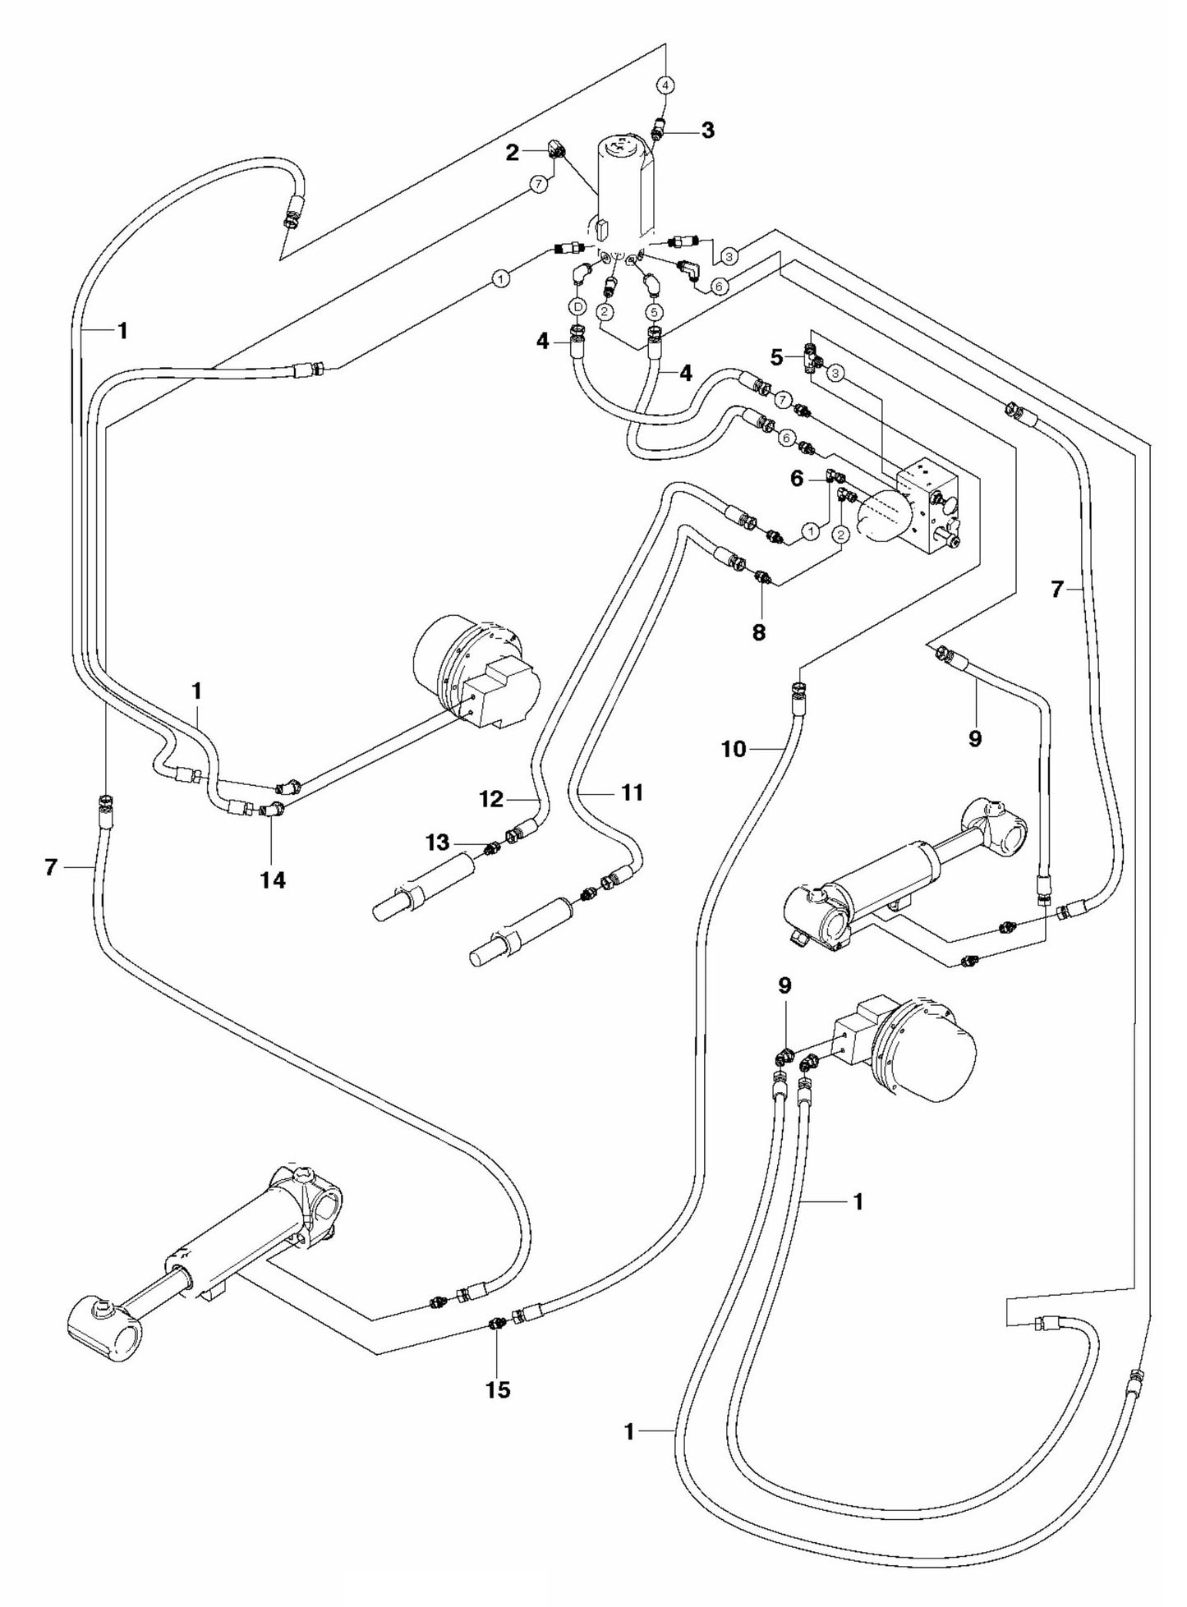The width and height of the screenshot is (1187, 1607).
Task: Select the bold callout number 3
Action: coord(707,130)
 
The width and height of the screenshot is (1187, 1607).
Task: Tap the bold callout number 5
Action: coord(776,358)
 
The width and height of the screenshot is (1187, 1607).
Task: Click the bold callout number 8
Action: coord(758,632)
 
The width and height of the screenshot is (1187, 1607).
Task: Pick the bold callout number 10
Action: coord(734,749)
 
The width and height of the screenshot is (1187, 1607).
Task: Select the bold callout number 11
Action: coord(632,792)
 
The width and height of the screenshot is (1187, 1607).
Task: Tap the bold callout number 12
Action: coord(491,799)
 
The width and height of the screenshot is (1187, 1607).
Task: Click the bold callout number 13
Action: coord(437,843)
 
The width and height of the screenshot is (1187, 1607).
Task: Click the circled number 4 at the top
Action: coord(666,84)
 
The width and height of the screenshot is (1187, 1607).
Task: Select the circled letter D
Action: coord(577,306)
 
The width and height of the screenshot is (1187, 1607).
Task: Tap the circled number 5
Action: coord(654,311)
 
